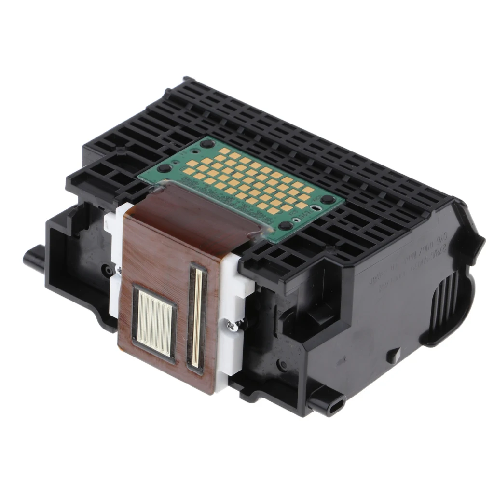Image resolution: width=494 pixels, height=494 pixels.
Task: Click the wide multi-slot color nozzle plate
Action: click(x=154, y=322)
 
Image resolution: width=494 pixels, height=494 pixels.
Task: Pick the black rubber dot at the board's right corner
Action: click(x=328, y=199)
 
